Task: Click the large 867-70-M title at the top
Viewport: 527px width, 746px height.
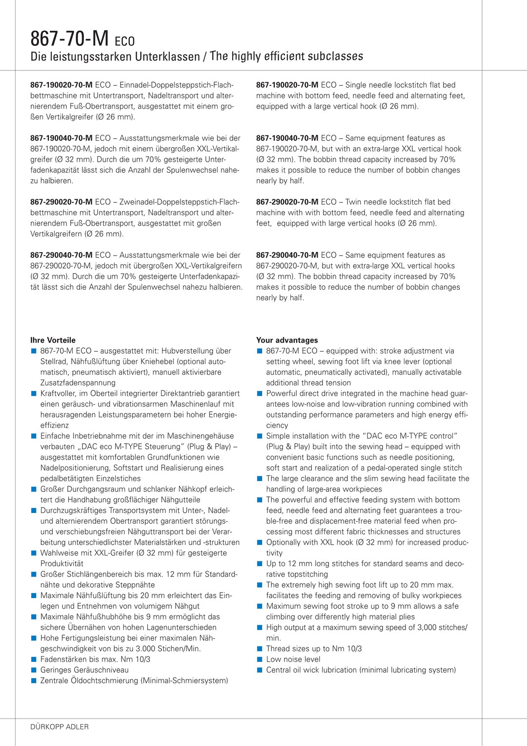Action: click(x=69, y=39)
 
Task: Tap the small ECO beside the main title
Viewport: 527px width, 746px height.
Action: click(x=125, y=41)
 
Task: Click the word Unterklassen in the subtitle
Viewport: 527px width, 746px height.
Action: click(x=167, y=57)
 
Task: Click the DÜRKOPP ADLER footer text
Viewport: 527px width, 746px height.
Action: click(x=60, y=727)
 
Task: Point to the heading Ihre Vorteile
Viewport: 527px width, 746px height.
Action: click(x=53, y=340)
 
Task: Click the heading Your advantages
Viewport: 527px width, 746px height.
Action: click(x=287, y=340)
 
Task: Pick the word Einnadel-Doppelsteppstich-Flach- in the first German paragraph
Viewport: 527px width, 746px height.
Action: click(x=177, y=85)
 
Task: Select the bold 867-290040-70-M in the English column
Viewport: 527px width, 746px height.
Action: click(x=287, y=255)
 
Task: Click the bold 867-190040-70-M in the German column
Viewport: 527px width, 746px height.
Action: click(x=61, y=138)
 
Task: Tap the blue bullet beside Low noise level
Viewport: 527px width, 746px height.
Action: click(x=260, y=660)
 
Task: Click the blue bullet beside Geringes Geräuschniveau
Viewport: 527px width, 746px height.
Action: click(x=34, y=670)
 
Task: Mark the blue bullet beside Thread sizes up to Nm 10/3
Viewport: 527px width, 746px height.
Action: click(x=260, y=649)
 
